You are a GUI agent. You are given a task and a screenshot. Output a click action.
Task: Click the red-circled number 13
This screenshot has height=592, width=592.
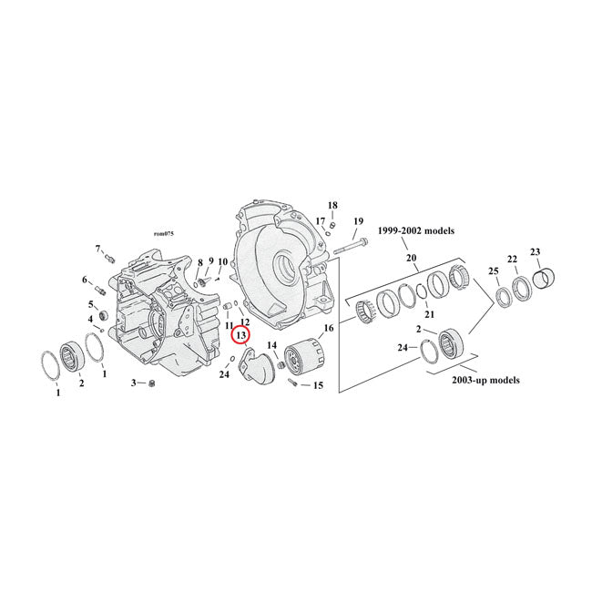[241, 335]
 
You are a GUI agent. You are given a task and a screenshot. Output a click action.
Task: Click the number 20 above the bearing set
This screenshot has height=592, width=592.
[412, 259]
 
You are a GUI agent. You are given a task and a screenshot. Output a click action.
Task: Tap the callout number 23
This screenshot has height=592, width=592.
[536, 252]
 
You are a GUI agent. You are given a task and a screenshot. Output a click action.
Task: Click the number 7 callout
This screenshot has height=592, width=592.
[97, 249]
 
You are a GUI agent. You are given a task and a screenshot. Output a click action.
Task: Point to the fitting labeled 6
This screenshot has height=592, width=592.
[101, 291]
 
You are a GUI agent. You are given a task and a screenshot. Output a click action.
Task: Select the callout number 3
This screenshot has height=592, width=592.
[133, 383]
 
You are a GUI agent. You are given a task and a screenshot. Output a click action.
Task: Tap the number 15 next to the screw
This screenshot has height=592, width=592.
[318, 386]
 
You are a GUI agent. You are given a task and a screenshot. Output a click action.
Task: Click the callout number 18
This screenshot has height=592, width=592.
[332, 205]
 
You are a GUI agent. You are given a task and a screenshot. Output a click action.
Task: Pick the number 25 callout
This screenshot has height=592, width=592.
[494, 272]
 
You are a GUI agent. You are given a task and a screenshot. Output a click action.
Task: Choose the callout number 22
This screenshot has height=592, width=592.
[512, 259]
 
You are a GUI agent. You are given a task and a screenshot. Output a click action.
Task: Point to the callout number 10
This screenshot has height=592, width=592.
[222, 262]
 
